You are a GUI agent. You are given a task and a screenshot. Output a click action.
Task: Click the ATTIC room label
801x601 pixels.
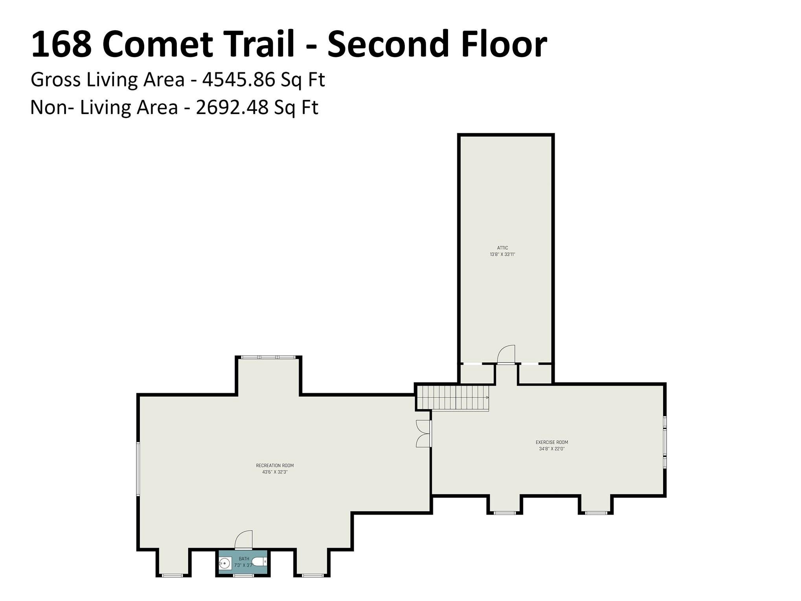[502, 248]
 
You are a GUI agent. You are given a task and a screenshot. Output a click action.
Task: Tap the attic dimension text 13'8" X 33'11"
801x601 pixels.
[502, 254]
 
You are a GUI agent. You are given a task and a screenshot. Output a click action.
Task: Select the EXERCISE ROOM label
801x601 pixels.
[552, 442]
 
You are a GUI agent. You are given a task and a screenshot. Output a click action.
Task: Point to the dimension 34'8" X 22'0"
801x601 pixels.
[552, 449]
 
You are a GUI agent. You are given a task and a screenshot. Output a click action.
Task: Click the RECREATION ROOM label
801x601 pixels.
[275, 465]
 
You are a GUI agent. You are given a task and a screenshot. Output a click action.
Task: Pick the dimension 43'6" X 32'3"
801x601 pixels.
[275, 472]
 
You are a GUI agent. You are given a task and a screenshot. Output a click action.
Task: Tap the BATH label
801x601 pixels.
[244, 559]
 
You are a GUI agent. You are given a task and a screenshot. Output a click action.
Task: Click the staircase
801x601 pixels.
[452, 398]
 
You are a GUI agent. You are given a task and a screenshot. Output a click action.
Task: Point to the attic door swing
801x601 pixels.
[506, 355]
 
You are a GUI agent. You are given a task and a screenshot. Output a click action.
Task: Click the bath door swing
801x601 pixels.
[244, 540]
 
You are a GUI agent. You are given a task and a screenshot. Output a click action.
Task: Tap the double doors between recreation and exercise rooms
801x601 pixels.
[423, 434]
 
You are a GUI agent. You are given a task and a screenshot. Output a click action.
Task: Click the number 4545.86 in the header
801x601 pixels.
[238, 80]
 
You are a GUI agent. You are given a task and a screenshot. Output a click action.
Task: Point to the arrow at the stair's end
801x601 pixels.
[487, 398]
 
